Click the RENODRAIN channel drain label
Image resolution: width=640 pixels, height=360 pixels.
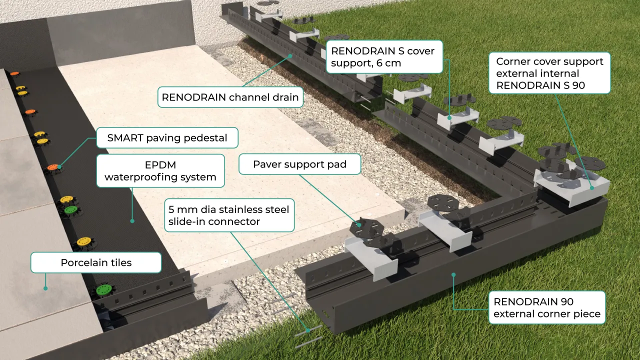230,97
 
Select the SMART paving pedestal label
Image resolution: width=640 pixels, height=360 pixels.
167,137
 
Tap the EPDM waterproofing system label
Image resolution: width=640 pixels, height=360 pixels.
160,171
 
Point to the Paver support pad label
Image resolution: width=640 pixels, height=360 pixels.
299,164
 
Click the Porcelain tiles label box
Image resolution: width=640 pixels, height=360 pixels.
96,262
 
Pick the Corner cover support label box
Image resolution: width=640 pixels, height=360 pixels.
549,73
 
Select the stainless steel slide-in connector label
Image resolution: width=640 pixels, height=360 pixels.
229,215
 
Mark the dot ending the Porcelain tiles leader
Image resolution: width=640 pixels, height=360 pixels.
45,288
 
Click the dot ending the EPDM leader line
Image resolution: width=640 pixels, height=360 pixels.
132,220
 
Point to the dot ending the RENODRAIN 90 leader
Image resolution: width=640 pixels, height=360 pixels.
453,273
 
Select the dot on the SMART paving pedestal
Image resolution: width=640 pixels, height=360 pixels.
59,166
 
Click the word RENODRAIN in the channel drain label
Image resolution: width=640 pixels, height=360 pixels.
194,97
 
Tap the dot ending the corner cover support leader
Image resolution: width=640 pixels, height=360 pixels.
592,188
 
